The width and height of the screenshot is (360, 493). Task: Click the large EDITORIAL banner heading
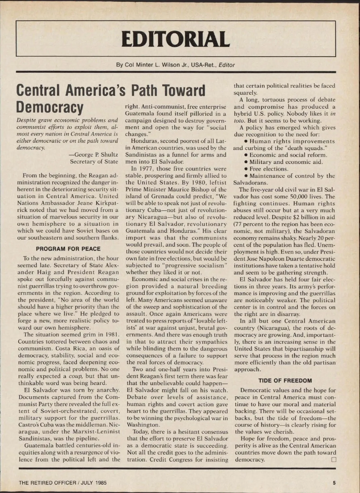coord(175,39)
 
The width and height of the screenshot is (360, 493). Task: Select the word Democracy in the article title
coord(50,107)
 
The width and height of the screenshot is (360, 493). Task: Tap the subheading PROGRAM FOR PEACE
coord(68,249)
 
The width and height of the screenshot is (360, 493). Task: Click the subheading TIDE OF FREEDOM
coord(285,380)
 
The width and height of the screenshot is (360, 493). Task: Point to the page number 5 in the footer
coord(334,483)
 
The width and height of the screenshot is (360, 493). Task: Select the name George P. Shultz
coord(97,155)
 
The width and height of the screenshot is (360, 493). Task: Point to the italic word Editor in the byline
coord(226,65)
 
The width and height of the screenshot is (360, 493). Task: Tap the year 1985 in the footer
coord(101,483)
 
